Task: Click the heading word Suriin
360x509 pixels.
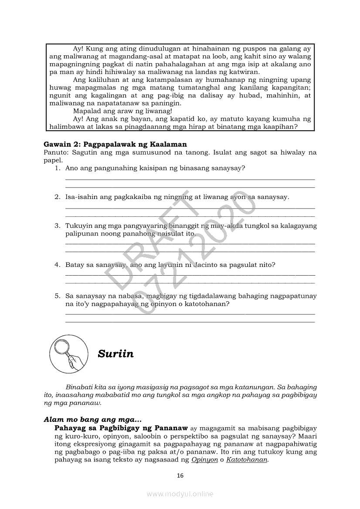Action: tap(115, 354)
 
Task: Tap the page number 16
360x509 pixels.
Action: tap(180, 475)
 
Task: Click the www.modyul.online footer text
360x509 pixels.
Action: tap(180, 494)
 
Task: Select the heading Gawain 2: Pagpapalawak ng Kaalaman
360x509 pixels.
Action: tap(115, 144)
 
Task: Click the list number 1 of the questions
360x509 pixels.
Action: tap(57, 168)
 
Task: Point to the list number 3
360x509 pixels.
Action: tap(57, 226)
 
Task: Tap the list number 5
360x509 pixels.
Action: tap(57, 296)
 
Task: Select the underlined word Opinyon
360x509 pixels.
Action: tap(204, 460)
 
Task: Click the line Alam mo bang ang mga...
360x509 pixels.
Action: tap(92, 420)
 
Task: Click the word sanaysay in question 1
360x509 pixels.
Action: tap(226, 168)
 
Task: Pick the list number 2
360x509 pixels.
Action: tap(57, 197)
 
